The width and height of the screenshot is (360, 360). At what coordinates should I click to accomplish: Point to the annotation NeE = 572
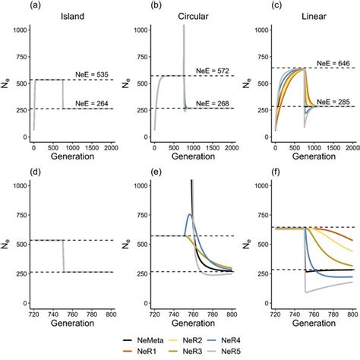click(x=214, y=70)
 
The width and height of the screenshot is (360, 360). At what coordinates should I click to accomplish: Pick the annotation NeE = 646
click(x=332, y=62)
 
